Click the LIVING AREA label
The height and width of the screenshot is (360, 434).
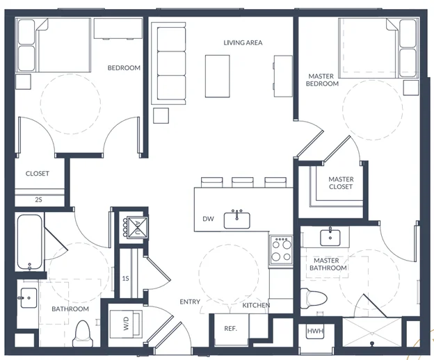point(243,42)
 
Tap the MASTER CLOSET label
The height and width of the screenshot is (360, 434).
point(341,183)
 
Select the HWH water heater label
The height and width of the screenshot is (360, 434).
point(315,331)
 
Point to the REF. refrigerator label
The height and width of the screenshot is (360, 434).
point(231,329)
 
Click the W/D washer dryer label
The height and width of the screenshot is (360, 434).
point(126,323)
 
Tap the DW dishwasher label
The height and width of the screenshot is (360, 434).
point(208,219)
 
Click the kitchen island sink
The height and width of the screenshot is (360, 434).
point(237,220)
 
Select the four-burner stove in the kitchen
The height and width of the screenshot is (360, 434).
point(281,250)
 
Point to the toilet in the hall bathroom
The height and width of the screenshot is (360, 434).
point(81,334)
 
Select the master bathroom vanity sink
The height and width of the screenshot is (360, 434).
point(330,238)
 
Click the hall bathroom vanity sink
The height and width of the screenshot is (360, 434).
point(29,297)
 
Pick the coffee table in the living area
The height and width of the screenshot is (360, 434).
point(217,76)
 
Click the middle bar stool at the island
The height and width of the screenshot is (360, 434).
point(243,183)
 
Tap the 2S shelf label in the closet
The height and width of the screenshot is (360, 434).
point(38,199)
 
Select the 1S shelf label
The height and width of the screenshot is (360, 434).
point(126,278)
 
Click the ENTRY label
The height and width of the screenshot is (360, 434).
point(190,302)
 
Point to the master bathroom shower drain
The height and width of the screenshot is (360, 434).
point(372,344)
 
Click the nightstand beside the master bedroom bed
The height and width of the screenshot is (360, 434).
point(411,88)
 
